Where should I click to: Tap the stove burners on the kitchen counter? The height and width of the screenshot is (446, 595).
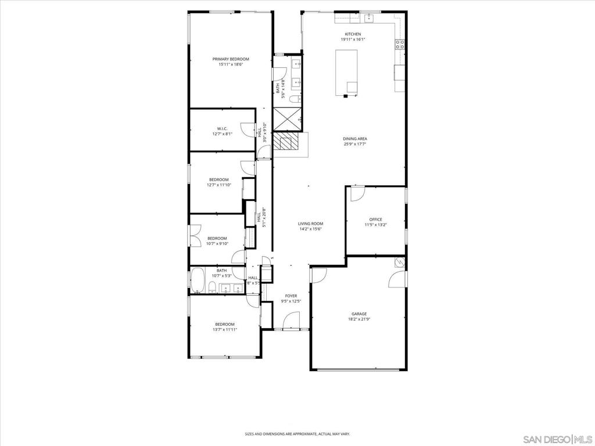pyautogui.click(x=400, y=43)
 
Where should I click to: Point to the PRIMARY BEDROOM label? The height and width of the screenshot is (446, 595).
pyautogui.click(x=230, y=59)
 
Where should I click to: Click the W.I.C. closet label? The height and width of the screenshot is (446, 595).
pyautogui.click(x=222, y=128)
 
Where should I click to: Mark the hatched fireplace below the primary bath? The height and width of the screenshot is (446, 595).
pyautogui.click(x=285, y=143)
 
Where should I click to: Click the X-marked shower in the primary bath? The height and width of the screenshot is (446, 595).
pyautogui.click(x=287, y=119)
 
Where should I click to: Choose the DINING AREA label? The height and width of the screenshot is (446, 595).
pyautogui.click(x=355, y=139)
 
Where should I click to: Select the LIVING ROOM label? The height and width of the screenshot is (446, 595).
pyautogui.click(x=310, y=224)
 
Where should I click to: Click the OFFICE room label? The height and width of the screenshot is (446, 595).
pyautogui.click(x=375, y=220)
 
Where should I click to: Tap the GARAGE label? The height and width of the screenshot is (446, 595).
pyautogui.click(x=359, y=314)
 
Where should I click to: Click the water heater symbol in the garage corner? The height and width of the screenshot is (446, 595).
pyautogui.click(x=399, y=262)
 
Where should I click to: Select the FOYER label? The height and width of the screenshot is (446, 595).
pyautogui.click(x=291, y=296)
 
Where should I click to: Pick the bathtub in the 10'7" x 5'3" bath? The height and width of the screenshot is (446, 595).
pyautogui.click(x=198, y=280)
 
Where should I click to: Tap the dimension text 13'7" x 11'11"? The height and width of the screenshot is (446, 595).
pyautogui.click(x=224, y=329)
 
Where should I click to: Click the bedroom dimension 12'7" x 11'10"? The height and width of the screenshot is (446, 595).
pyautogui.click(x=218, y=185)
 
